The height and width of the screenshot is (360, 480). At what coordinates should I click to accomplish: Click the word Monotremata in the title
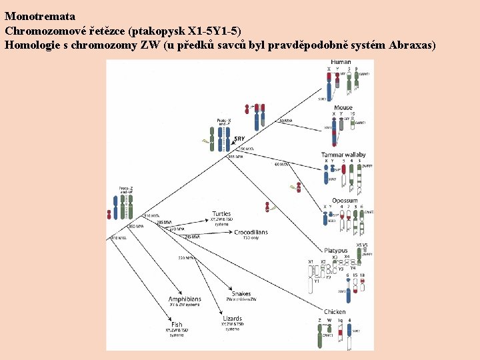click(x=40, y=16)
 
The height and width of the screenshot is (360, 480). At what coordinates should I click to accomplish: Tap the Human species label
click(x=341, y=62)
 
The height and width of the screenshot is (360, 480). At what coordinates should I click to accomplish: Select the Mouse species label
click(x=343, y=107)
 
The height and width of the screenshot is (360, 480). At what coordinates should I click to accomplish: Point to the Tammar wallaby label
click(x=343, y=155)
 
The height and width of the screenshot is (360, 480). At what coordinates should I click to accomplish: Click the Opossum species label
click(x=345, y=200)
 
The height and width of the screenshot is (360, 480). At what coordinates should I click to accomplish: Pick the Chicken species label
click(x=335, y=311)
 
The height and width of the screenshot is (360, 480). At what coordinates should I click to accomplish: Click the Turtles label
click(x=222, y=214)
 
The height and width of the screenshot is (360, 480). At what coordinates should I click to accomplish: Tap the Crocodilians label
click(x=251, y=232)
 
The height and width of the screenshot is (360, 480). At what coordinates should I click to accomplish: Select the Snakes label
click(x=241, y=294)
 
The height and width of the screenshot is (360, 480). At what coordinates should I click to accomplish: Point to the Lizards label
click(x=232, y=319)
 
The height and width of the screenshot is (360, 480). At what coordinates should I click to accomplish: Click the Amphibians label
click(x=185, y=299)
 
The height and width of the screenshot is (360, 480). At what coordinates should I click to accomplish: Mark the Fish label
click(x=177, y=325)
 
